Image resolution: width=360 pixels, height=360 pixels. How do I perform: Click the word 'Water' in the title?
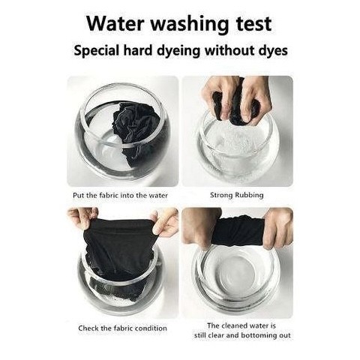pos(115,23)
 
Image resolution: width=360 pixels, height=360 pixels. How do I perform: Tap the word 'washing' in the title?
pos(190,25)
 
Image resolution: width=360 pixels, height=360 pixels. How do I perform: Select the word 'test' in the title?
pos(253,24)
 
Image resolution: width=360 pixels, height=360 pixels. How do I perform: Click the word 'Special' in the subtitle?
pos(96,51)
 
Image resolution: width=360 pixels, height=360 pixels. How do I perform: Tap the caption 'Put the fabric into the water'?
pos(120,195)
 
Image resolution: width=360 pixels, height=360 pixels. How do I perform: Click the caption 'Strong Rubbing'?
pos(236,195)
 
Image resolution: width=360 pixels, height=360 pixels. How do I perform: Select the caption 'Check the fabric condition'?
pos(122,328)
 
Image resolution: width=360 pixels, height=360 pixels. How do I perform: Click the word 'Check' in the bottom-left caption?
pos(88,328)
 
